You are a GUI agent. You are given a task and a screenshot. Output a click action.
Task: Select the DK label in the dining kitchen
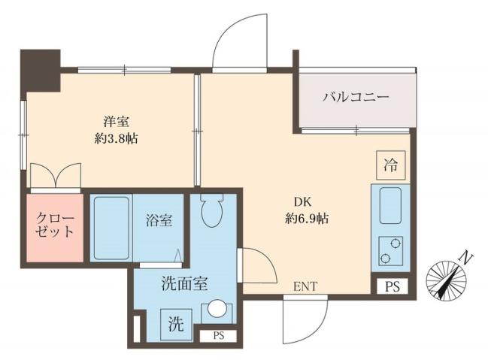[302, 201]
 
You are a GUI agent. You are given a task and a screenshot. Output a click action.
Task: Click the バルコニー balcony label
[356, 98]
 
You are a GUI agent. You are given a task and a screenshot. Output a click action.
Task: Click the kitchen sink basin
[390, 205]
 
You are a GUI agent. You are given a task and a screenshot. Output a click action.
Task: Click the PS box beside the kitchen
[393, 286]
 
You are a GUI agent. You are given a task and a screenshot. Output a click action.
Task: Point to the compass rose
[445, 280]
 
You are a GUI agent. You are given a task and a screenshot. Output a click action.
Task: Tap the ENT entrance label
[305, 286]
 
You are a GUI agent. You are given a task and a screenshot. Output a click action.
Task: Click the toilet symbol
[213, 211]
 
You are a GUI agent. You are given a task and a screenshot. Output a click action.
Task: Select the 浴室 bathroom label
[159, 221]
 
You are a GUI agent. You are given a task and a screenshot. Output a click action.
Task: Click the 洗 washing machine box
[174, 325]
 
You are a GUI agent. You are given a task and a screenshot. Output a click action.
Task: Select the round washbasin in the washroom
[217, 309]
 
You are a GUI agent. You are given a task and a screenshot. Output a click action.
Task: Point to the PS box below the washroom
[218, 335]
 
